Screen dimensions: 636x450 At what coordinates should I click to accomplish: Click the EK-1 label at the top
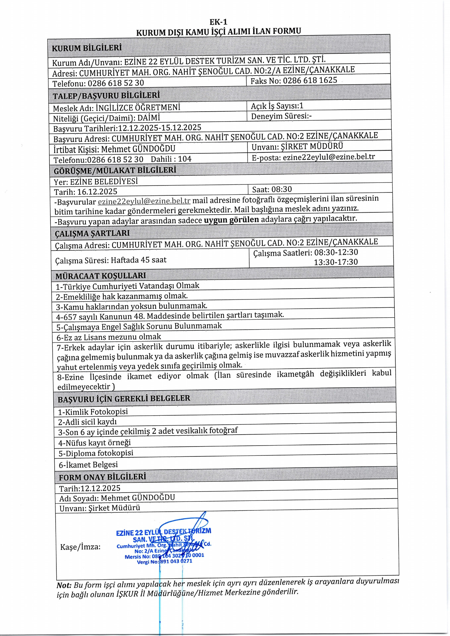pyautogui.click(x=218, y=22)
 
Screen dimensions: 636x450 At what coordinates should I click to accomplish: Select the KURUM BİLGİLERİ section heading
pyautogui.click(x=87, y=48)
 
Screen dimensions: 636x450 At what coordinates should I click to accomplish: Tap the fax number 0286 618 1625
pyautogui.click(x=310, y=80)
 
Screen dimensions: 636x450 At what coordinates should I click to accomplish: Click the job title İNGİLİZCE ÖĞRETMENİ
pyautogui.click(x=138, y=108)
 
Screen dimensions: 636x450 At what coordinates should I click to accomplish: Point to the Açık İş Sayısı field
pyautogui.click(x=277, y=106)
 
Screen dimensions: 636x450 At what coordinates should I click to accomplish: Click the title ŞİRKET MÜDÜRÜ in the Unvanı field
pyautogui.click(x=312, y=146)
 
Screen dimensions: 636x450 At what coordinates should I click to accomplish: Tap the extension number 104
pyautogui.click(x=185, y=159)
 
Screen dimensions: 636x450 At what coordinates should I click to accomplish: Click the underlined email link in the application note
pyautogui.click(x=144, y=201)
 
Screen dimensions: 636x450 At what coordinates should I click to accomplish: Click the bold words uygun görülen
pyautogui.click(x=231, y=220)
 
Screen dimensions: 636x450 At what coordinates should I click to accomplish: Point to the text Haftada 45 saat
pyautogui.click(x=139, y=260)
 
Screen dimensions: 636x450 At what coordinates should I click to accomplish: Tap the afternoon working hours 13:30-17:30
pyautogui.click(x=336, y=262)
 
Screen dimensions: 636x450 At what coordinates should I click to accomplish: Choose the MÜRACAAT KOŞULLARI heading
pyautogui.click(x=100, y=276)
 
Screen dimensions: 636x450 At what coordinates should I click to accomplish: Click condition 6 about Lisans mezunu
pyautogui.click(x=109, y=337)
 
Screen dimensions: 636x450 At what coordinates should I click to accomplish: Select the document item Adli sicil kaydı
pyautogui.click(x=87, y=422)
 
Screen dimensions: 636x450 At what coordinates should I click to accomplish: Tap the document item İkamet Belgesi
pyautogui.click(x=88, y=465)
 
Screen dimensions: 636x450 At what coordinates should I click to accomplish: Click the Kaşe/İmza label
pyautogui.click(x=80, y=547)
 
